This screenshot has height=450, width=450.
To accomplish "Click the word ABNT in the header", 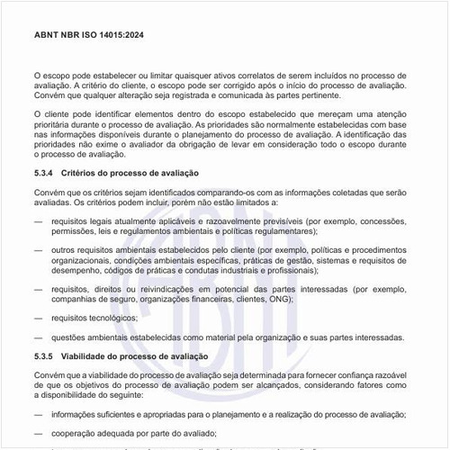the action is (47, 36).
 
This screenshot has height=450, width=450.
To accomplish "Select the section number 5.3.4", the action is (45, 172).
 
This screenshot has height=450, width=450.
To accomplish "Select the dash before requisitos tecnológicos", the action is (38, 318).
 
